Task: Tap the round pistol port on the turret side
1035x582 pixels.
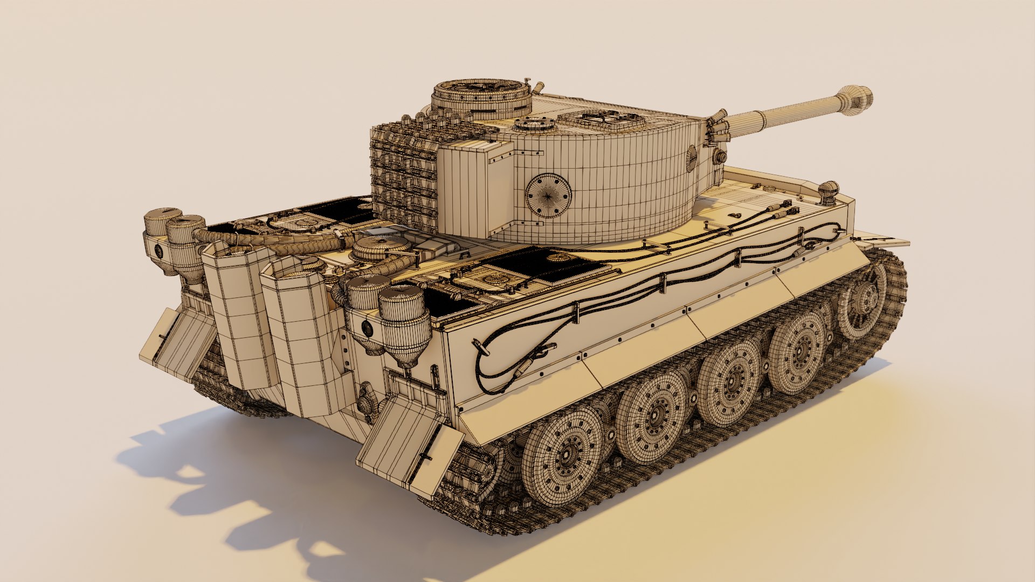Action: point(548,195)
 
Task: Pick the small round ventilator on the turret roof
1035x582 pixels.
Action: point(534,124)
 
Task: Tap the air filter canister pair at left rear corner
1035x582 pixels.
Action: point(175,240)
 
